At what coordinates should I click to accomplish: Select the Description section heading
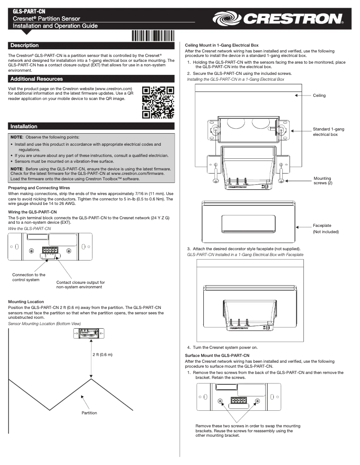[25, 46]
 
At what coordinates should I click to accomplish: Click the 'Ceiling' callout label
[319, 96]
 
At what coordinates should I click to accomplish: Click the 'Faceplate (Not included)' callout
[325, 228]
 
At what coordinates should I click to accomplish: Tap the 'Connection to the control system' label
[29, 278]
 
